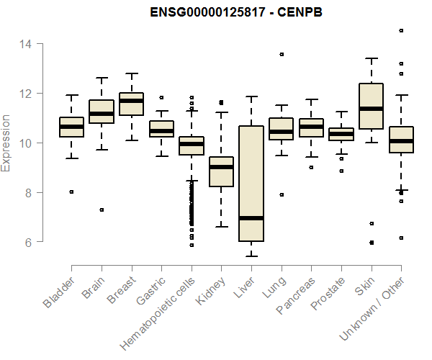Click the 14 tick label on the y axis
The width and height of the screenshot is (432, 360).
[x=25, y=44]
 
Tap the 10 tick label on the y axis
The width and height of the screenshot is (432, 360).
[x=25, y=143]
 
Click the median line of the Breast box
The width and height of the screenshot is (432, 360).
[x=131, y=101]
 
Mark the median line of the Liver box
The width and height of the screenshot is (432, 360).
[x=251, y=217]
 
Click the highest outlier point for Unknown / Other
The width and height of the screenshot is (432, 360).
[x=401, y=31]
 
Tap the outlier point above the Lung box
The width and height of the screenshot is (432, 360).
[x=281, y=54]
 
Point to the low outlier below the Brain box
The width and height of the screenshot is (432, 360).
[x=101, y=210]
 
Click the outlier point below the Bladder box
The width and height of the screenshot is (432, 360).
[x=71, y=192]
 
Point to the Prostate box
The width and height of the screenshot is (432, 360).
[x=341, y=134]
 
